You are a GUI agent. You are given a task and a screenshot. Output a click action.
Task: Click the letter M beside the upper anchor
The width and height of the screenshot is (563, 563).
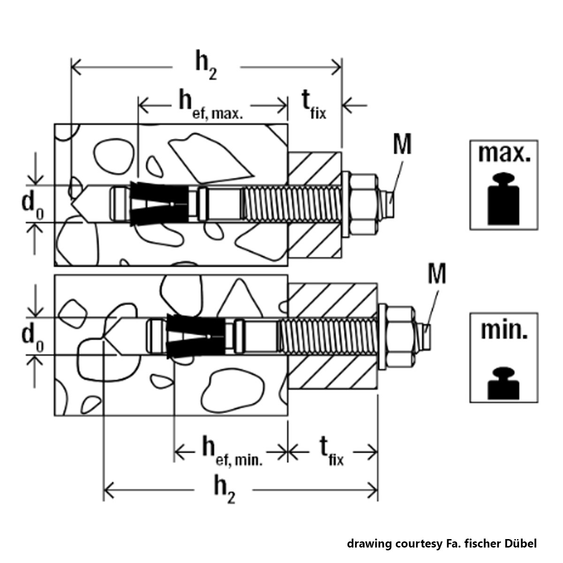coord(402,145)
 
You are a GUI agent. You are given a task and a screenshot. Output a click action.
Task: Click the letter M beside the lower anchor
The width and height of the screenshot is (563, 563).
coord(436,275)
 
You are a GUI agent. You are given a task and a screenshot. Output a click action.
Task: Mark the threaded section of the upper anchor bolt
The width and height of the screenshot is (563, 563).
coord(291,204)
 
